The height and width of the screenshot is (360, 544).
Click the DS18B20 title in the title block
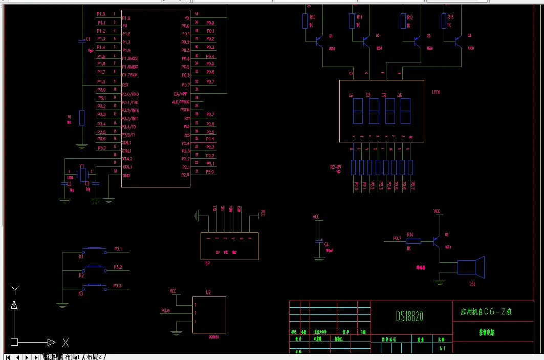pyautogui.click(x=409, y=316)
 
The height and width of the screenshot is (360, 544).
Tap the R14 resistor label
pyautogui.click(x=409, y=235)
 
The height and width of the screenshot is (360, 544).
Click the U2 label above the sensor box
pyautogui.click(x=208, y=292)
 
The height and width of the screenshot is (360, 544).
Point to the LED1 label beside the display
pyautogui.click(x=436, y=93)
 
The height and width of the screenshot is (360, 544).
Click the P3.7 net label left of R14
pyautogui.click(x=397, y=239)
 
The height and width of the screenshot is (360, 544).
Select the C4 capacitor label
pyautogui.click(x=327, y=245)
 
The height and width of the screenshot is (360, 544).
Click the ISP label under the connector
pyautogui.click(x=207, y=263)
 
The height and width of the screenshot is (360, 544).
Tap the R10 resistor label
pyautogui.click(x=312, y=17)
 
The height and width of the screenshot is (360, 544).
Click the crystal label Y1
pyautogui.click(x=82, y=166)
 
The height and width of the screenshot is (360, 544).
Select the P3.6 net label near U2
pyautogui.click(x=165, y=311)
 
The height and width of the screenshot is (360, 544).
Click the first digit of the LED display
pyautogui.click(x=358, y=110)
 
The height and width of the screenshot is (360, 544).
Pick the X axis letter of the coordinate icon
pyautogui.click(x=66, y=343)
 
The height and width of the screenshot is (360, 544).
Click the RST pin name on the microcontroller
pyautogui.click(x=125, y=86)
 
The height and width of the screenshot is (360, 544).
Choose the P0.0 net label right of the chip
pyautogui.click(x=210, y=23)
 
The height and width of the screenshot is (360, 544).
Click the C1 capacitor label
pyautogui.click(x=88, y=39)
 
